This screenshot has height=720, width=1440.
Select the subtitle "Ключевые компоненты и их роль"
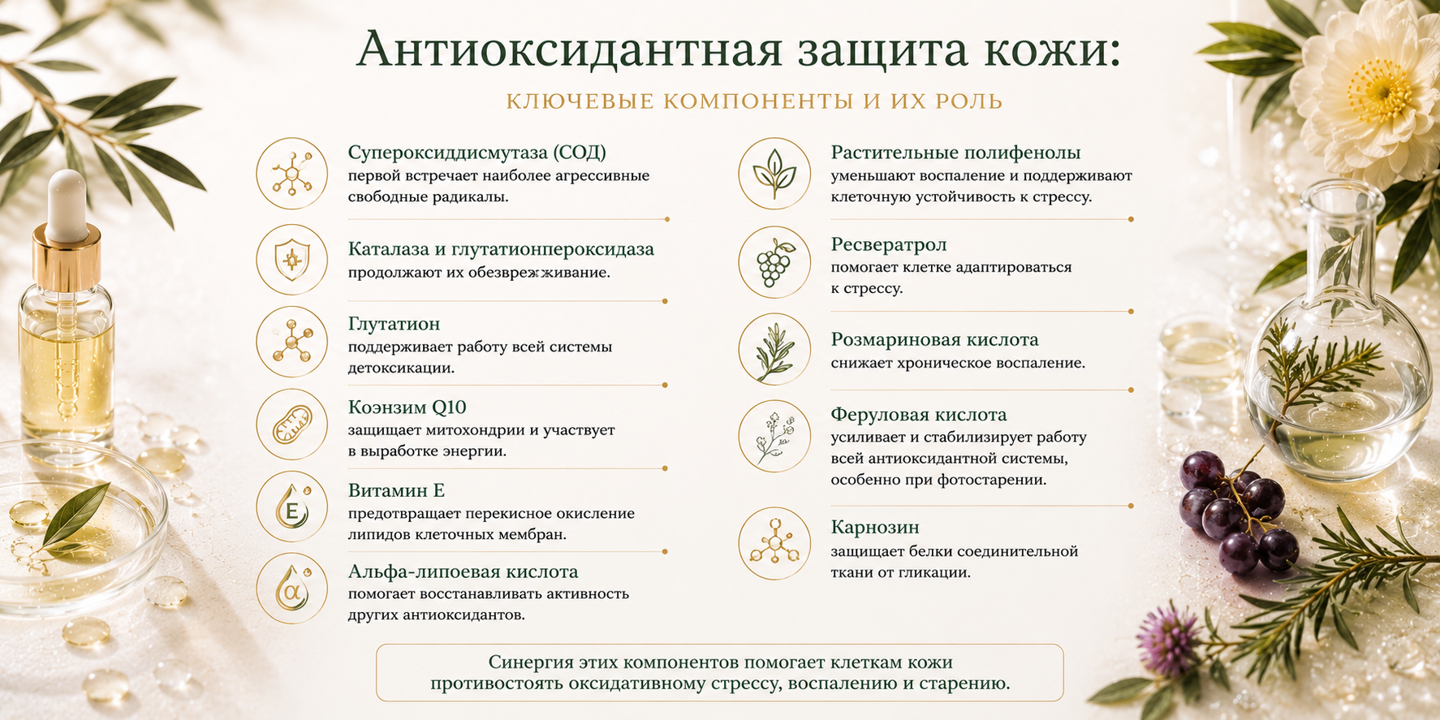755,102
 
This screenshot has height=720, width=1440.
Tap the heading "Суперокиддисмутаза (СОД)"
477,153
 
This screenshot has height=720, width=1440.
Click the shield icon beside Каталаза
292,260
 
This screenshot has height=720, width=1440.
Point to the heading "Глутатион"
394,324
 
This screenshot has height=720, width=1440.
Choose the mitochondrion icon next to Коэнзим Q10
292,426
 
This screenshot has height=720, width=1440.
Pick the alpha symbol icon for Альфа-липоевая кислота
292,590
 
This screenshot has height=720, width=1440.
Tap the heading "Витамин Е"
396,490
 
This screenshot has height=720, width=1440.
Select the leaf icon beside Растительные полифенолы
774,174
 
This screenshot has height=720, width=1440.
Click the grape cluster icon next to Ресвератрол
774,261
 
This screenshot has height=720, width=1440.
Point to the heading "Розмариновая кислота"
934,339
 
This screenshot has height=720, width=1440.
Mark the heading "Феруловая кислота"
918,415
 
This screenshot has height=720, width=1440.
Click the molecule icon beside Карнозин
774,544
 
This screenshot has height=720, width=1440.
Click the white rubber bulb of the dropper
67,204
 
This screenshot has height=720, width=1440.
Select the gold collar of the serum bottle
67,259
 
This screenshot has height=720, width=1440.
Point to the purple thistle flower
1169,638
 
